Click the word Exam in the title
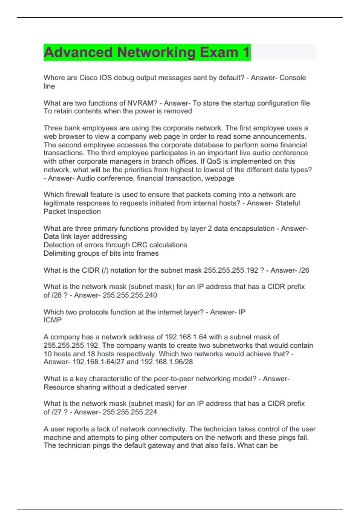tap(219, 52)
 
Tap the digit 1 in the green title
tap(246, 52)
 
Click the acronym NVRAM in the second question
tap(142, 103)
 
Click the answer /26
tap(304, 270)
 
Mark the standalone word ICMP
tap(52, 320)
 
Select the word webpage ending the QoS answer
tap(221, 178)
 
